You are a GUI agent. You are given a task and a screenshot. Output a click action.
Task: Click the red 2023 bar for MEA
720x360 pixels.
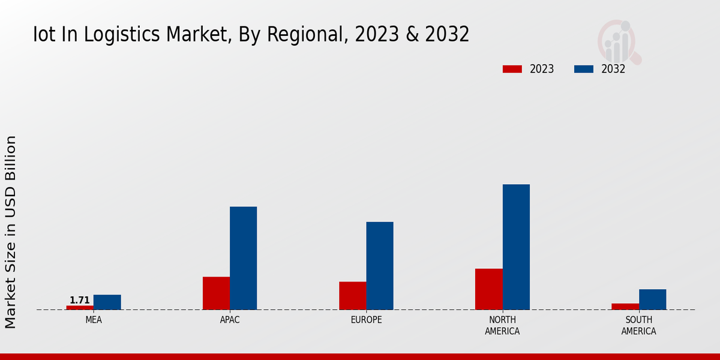(80, 307)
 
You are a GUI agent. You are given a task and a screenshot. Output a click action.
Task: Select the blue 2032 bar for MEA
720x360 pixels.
(107, 302)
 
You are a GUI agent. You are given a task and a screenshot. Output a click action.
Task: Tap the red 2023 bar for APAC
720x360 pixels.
(216, 293)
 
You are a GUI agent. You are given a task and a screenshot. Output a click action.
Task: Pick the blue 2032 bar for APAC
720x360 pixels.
(243, 258)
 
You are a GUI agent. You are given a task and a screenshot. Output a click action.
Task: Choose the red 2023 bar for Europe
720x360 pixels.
(352, 296)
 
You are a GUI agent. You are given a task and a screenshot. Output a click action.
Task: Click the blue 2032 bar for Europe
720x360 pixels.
(380, 266)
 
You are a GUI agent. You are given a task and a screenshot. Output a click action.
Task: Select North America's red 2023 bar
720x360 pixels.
(488, 289)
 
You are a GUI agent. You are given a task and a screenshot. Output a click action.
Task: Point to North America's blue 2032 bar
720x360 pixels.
(516, 247)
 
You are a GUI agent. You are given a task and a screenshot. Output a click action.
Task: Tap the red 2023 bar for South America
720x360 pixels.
(625, 307)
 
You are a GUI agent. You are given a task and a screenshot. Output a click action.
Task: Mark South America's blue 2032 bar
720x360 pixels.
(652, 299)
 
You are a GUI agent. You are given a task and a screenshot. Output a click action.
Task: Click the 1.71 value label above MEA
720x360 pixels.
(80, 300)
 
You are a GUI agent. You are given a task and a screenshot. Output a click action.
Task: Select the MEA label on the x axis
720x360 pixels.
(94, 320)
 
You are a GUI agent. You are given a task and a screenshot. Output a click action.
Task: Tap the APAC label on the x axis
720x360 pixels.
(230, 320)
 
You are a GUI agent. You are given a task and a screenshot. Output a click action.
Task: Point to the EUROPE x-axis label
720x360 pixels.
(366, 320)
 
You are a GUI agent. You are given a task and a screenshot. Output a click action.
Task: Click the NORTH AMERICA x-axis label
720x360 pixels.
(503, 325)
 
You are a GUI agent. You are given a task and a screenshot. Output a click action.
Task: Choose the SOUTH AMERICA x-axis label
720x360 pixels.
(638, 325)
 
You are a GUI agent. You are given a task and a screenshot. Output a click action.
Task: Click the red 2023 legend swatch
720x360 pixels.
(512, 69)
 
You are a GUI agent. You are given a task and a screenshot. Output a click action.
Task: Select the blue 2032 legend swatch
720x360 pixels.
(584, 69)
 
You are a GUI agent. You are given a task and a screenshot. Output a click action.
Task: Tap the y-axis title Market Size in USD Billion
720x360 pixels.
(11, 232)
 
